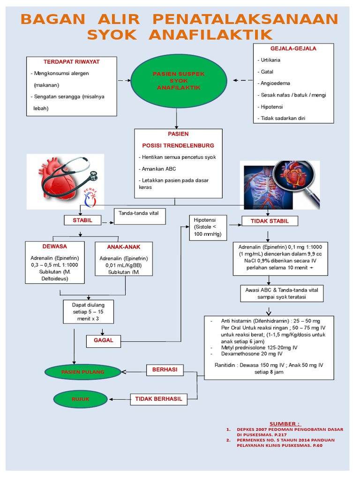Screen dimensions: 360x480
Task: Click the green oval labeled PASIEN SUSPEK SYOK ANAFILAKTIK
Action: (x=179, y=81)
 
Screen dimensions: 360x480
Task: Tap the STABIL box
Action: (x=82, y=220)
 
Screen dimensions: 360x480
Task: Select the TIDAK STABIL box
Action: (x=270, y=221)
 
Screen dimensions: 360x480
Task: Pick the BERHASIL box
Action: (x=165, y=370)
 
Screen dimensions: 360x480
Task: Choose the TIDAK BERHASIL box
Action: (x=158, y=399)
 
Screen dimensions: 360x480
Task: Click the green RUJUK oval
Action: (x=81, y=399)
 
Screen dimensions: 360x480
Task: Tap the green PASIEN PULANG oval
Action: (x=82, y=372)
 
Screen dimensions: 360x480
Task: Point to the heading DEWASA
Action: (x=54, y=247)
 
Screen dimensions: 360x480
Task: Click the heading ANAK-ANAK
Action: (x=124, y=247)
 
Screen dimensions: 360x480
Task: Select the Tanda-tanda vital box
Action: (x=140, y=217)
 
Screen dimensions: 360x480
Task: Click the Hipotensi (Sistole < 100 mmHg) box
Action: (x=208, y=227)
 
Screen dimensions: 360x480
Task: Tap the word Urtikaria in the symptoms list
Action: (x=270, y=60)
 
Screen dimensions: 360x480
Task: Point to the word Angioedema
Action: (x=275, y=83)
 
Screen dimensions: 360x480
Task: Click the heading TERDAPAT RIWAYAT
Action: (x=72, y=62)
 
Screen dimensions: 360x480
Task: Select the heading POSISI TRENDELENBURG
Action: (x=178, y=146)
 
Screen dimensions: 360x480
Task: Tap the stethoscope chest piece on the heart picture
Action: (x=94, y=176)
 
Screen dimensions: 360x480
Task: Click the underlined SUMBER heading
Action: (x=285, y=424)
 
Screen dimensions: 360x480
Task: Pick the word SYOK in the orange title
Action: (x=112, y=35)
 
